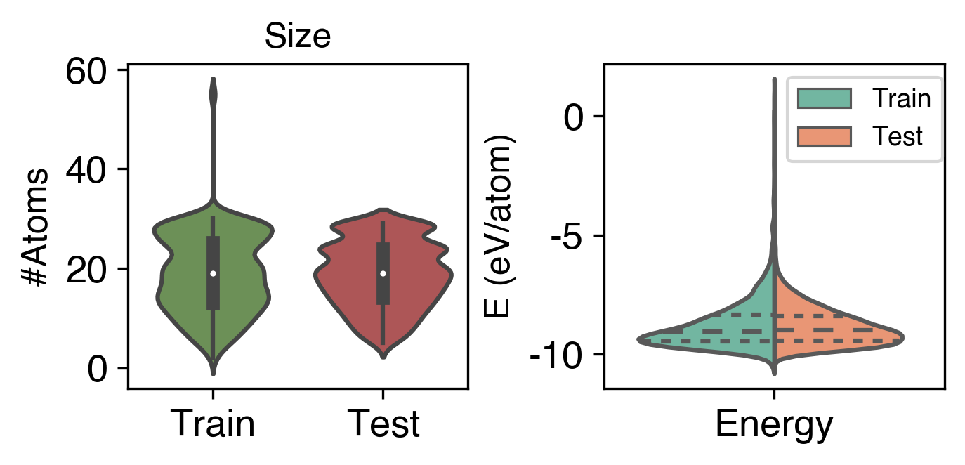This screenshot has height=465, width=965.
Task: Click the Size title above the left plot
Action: (x=297, y=37)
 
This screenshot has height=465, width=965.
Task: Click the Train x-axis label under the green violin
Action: (x=213, y=424)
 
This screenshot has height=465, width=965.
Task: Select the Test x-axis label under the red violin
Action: (x=383, y=424)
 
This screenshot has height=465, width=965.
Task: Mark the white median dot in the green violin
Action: (x=213, y=273)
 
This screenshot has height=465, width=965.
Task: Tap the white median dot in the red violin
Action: (x=383, y=273)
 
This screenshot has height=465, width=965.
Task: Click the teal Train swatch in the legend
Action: (x=824, y=99)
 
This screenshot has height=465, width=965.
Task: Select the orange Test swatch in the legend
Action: (x=824, y=136)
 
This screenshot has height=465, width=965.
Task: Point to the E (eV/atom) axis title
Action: (x=501, y=225)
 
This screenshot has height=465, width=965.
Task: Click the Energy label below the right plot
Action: (x=774, y=424)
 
